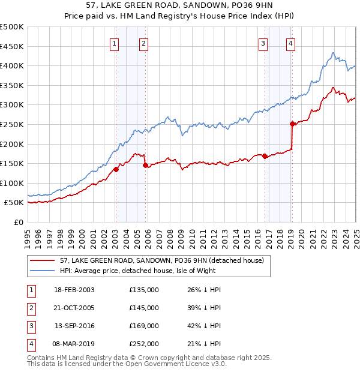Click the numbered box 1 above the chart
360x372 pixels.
(114, 43)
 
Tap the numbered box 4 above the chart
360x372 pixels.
(290, 43)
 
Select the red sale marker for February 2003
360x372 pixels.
(116, 169)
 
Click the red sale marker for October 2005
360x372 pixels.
(145, 165)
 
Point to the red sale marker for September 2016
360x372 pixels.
(265, 156)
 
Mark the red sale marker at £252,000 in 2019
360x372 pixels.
(292, 124)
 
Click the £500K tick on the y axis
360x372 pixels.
(12, 27)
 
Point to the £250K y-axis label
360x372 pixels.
(12, 125)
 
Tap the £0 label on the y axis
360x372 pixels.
(18, 223)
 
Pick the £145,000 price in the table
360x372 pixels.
(144, 308)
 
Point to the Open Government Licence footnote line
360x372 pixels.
(127, 364)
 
